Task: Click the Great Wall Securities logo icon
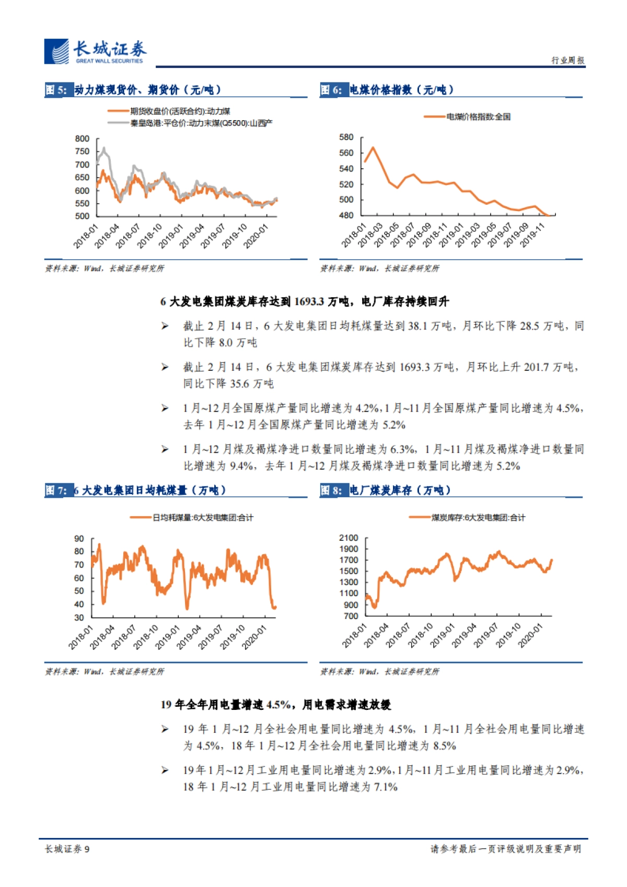coord(56,52)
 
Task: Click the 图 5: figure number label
coord(56,90)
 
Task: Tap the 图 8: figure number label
coord(331,490)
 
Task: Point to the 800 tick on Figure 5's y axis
coord(82,138)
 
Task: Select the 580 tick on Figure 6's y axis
coord(346,137)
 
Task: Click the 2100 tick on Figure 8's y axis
coord(349,538)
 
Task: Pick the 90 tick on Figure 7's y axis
coord(79,539)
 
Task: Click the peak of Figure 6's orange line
coord(373,147)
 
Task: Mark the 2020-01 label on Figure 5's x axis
coord(256,236)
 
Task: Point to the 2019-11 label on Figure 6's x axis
coord(532,235)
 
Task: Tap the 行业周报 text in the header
coord(568,60)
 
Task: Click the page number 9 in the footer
coord(87,849)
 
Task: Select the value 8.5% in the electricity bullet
coord(445,745)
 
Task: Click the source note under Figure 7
coord(104,671)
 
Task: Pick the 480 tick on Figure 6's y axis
coord(346,215)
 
